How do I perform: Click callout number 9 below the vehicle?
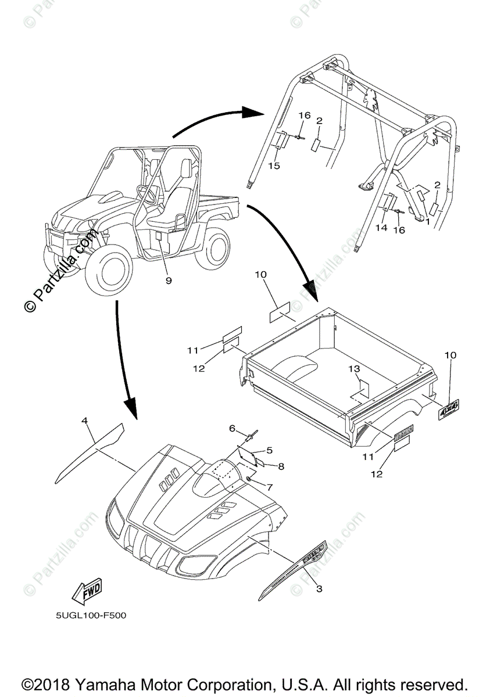coord(169,281)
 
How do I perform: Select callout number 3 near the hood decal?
coord(319,589)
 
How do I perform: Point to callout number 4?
coord(84,419)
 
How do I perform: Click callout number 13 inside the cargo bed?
coord(355,369)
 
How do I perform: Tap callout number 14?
coord(381,228)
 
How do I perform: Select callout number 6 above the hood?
coord(231,428)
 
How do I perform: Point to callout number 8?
coord(281,466)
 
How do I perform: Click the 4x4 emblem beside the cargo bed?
coord(449,409)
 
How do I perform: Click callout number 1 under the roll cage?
coord(427,222)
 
